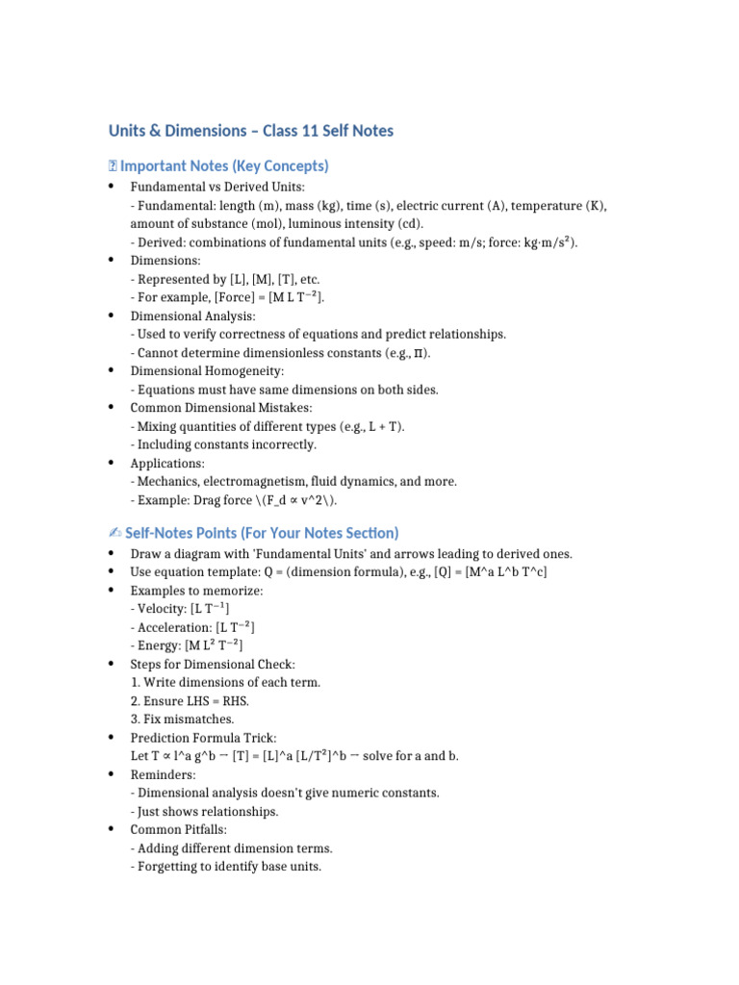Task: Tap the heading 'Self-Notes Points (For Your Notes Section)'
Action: (x=262, y=532)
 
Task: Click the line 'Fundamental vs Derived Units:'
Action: (x=217, y=187)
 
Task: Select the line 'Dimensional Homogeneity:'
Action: (x=207, y=370)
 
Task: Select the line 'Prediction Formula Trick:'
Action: (x=203, y=737)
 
